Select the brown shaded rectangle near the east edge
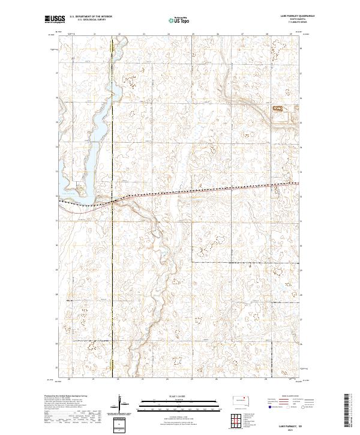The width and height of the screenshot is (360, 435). pyautogui.click(x=278, y=109)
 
